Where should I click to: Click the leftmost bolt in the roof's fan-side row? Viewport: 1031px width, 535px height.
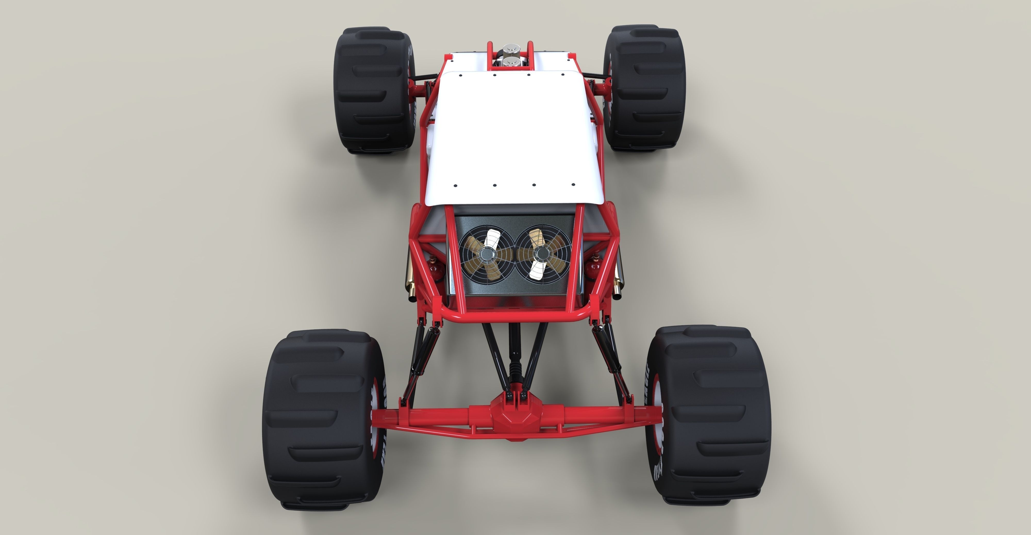click(455, 186)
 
